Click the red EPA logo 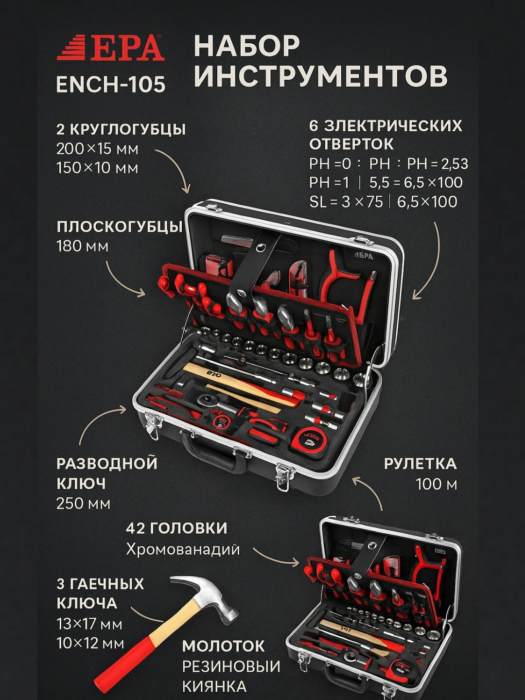pyautogui.click(x=111, y=48)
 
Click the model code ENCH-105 pyautogui.click(x=111, y=84)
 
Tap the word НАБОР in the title pyautogui.click(x=247, y=46)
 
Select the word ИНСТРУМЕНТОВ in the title pyautogui.click(x=320, y=76)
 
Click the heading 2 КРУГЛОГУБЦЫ pyautogui.click(x=121, y=129)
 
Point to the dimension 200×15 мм pyautogui.click(x=97, y=149)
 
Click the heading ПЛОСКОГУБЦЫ pyautogui.click(x=120, y=227)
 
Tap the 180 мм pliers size pyautogui.click(x=82, y=246)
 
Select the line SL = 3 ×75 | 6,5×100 pyautogui.click(x=383, y=202)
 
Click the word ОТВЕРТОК pyautogui.click(x=351, y=144)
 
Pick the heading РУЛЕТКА pyautogui.click(x=420, y=464)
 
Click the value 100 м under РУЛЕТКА pyautogui.click(x=436, y=484)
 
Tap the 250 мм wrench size pyautogui.click(x=83, y=504)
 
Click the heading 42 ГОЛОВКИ pyautogui.click(x=176, y=528)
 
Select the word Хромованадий pyautogui.click(x=183, y=549)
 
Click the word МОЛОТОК pyautogui.click(x=224, y=646)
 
